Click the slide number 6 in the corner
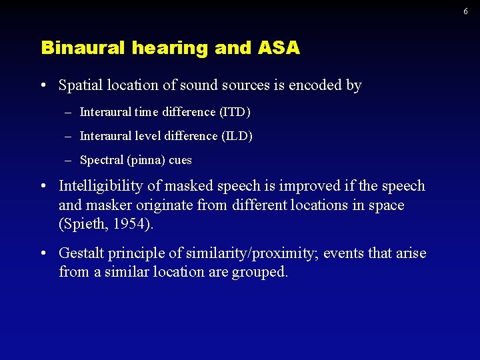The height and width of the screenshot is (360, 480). click(x=465, y=11)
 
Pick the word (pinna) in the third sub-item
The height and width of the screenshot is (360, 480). click(x=146, y=160)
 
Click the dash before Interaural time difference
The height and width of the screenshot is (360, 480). click(x=69, y=112)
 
